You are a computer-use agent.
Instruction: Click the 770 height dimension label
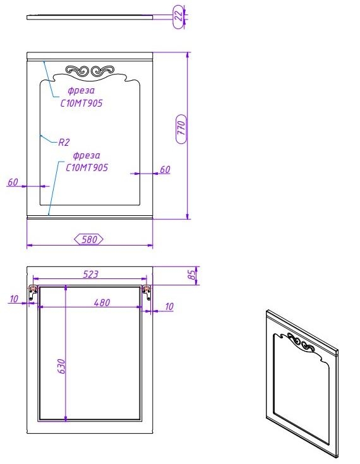[181, 129]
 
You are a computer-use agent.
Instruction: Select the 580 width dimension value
[89, 239]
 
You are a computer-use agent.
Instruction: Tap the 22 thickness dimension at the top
[179, 16]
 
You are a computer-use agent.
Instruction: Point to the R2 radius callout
[64, 142]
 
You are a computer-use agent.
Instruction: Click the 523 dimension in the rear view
[90, 275]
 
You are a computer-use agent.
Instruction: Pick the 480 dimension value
[102, 302]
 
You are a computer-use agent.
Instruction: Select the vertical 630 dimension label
[61, 366]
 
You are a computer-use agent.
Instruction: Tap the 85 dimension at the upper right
[192, 275]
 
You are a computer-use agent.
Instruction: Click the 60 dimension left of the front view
[13, 182]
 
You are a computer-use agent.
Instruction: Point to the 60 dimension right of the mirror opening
[165, 170]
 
